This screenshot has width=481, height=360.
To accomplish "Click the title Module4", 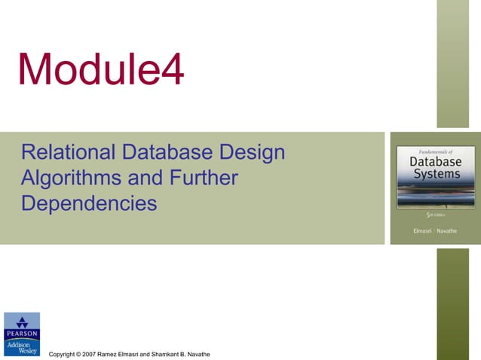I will (x=100, y=70).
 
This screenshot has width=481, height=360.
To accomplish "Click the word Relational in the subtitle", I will (x=66, y=153).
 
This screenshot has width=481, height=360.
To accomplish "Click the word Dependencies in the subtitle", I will (x=90, y=203).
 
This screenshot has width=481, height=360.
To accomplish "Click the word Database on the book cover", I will (x=435, y=161).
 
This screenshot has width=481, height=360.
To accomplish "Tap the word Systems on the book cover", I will (x=435, y=175).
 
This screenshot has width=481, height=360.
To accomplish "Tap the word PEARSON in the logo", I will (x=21, y=334).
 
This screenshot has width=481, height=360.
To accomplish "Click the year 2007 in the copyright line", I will (x=89, y=354).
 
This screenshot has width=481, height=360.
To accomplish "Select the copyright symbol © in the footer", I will (x=75, y=354).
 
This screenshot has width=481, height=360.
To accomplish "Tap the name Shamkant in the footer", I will (x=158, y=354).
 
